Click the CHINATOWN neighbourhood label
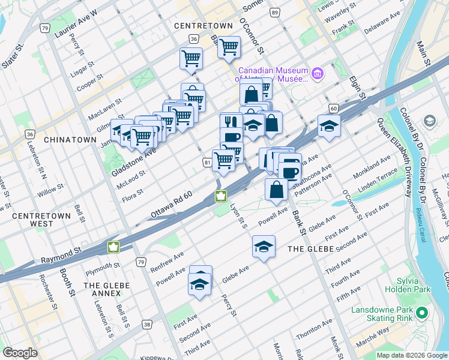pyautogui.click(x=70, y=139)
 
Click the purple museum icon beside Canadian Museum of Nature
pyautogui.click(x=318, y=74)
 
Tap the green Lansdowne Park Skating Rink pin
pyautogui.click(x=423, y=313)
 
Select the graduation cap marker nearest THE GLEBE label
pyautogui.click(x=264, y=246)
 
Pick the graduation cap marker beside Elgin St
pyautogui.click(x=329, y=125)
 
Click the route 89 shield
pyautogui.click(x=274, y=13)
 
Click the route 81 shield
pyautogui.click(x=207, y=163)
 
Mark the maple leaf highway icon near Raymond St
pyautogui.click(x=113, y=247)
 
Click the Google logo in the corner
pyautogui.click(x=20, y=353)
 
